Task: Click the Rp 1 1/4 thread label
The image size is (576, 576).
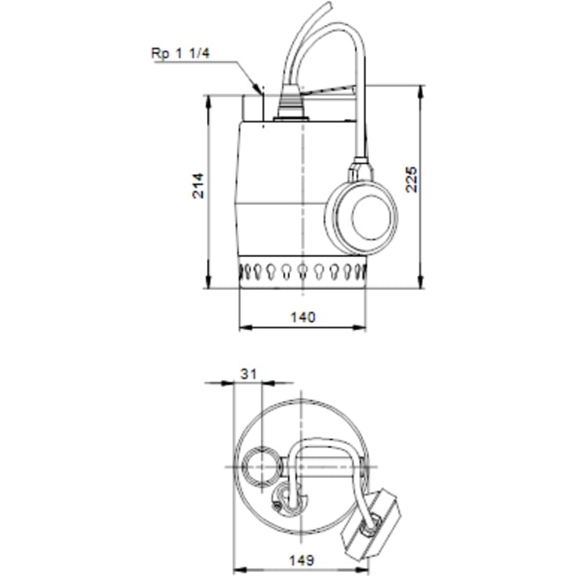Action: [180, 53]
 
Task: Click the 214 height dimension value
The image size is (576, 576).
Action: [199, 184]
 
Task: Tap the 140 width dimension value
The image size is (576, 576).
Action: [302, 317]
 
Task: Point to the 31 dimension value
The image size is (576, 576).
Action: [248, 375]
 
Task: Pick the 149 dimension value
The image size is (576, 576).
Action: [301, 560]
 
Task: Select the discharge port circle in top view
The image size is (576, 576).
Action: [260, 466]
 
